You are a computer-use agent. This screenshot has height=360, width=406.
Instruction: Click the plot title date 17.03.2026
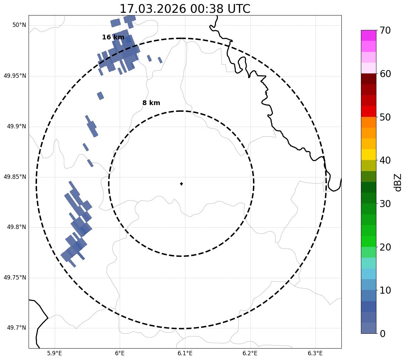pyautogui.click(x=153, y=9)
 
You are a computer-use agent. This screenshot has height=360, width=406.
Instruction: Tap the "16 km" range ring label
pyautogui.click(x=113, y=37)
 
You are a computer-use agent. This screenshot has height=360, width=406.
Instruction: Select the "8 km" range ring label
pyautogui.click(x=151, y=103)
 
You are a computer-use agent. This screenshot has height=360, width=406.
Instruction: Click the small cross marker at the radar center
pyautogui.click(x=181, y=184)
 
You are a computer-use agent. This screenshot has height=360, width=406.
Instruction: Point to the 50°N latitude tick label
pyautogui.click(x=19, y=25)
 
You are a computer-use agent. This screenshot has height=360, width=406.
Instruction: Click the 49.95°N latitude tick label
pyautogui.click(x=15, y=76)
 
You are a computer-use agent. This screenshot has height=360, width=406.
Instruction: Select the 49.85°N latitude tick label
pyautogui.click(x=15, y=177)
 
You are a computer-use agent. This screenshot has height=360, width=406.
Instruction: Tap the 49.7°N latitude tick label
pyautogui.click(x=16, y=328)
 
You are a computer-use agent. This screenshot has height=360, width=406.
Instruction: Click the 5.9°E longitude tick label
pyautogui.click(x=54, y=353)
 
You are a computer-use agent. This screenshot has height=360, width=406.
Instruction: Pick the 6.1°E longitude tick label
pyautogui.click(x=185, y=353)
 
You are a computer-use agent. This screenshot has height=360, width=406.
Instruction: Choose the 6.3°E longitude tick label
pyautogui.click(x=315, y=353)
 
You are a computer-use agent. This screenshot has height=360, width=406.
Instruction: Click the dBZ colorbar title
pyautogui.click(x=398, y=183)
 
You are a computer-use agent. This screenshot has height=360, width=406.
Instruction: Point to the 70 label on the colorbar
pyautogui.click(x=385, y=30)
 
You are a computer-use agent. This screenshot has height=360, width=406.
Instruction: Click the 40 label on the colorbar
pyautogui.click(x=385, y=160)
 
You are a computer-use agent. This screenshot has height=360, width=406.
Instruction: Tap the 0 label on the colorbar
pyautogui.click(x=382, y=334)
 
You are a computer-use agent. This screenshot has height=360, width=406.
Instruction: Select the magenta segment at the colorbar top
pyautogui.click(x=368, y=35)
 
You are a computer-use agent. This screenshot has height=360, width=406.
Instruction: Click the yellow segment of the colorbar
pyautogui.click(x=368, y=155)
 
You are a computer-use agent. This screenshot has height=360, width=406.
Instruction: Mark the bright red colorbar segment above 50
pyautogui.click(x=368, y=111)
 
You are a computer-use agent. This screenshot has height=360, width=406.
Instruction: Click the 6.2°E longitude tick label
pyautogui.click(x=250, y=353)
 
